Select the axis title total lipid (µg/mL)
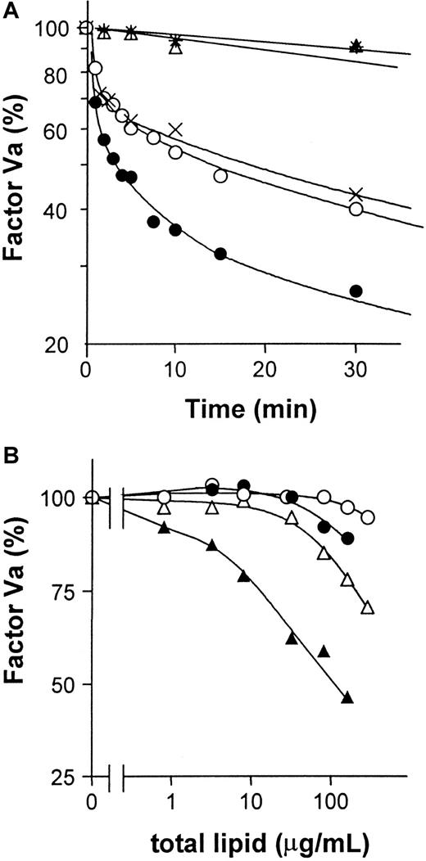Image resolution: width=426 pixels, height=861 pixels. [250, 841]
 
